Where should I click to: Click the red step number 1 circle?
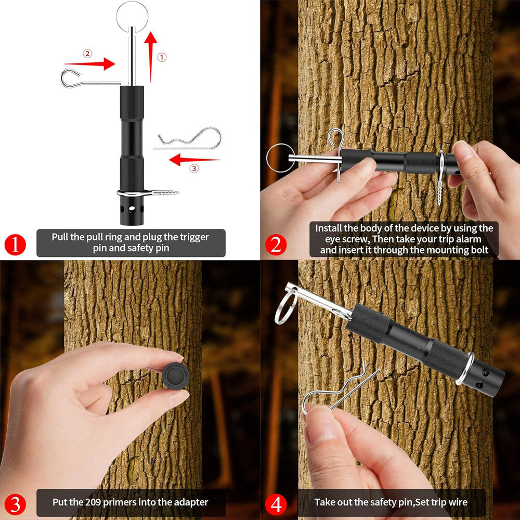pos(15,244)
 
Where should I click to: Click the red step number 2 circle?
pos(275,244)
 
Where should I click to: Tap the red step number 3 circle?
pos(15,504)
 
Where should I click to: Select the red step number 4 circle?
pos(275,504)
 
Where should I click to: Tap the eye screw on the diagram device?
pos(151,193)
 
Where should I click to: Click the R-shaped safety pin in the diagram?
pos(190,139)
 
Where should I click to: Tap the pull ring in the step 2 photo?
pos(281,158)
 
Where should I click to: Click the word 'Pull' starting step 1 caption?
pos(61,237)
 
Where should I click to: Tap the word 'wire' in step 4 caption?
pos(456,502)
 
